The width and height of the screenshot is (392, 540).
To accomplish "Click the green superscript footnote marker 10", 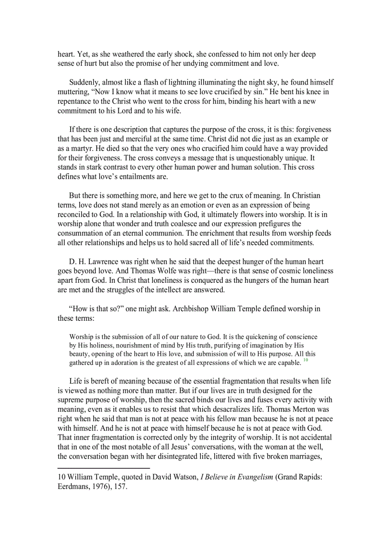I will click(306, 360).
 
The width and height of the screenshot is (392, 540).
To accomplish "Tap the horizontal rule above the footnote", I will click(103, 467).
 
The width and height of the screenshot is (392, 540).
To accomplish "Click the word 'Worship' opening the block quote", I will click(82, 337).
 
